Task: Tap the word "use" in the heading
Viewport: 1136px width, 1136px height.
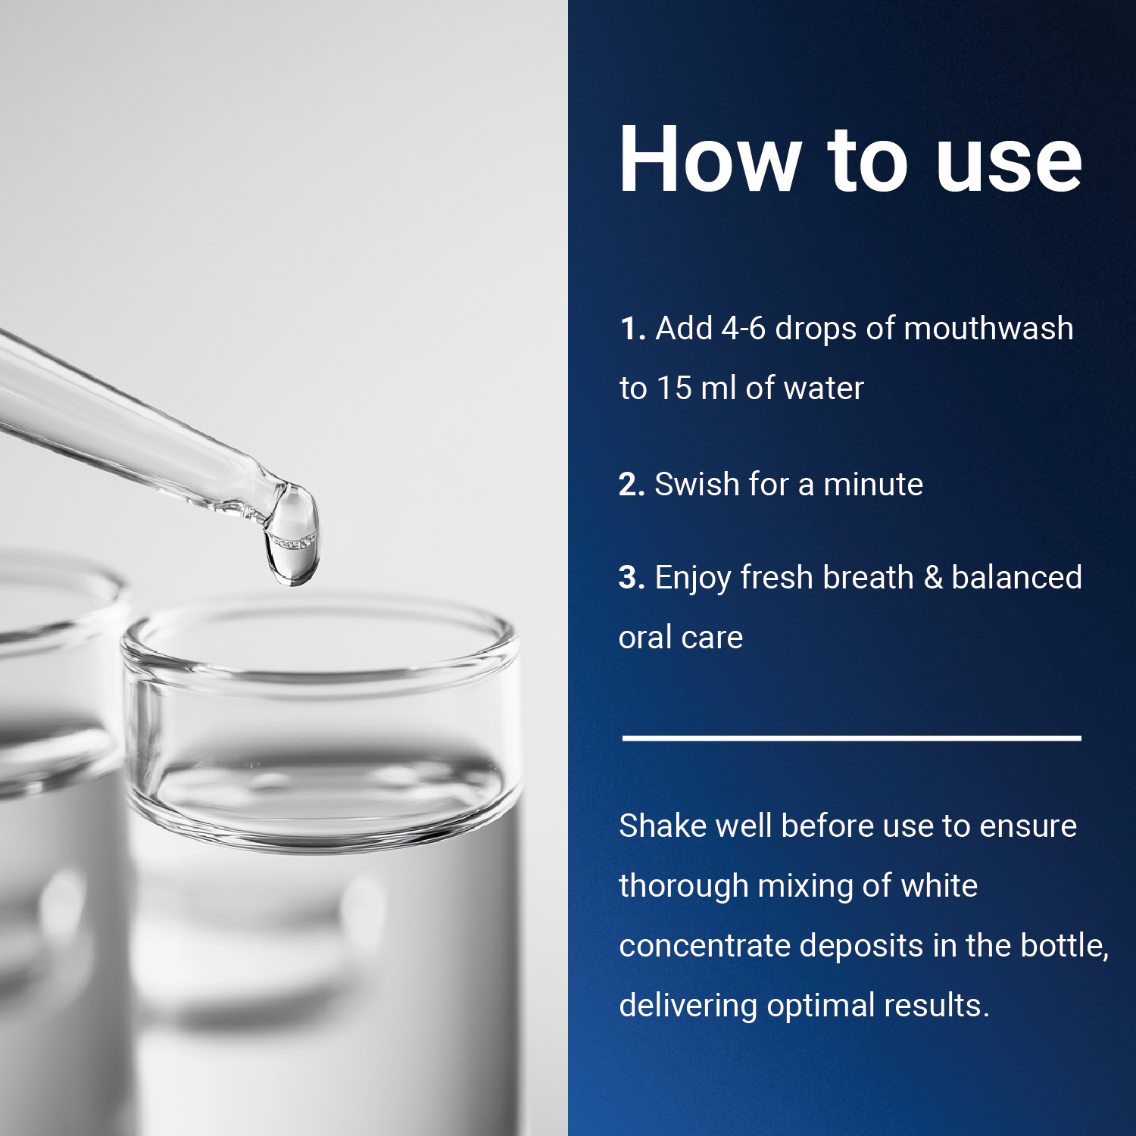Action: click(1009, 167)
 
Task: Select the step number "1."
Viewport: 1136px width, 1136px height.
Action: click(632, 329)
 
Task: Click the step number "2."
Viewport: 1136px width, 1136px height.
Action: click(632, 485)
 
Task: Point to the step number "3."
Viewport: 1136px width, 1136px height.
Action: click(632, 578)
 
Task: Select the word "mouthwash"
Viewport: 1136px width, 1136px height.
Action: click(988, 329)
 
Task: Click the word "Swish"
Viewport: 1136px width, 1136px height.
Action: click(697, 484)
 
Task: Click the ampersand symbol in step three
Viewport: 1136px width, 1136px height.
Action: click(933, 578)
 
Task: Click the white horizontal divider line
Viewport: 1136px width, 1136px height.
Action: click(851, 737)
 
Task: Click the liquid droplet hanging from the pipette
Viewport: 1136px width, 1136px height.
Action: click(292, 535)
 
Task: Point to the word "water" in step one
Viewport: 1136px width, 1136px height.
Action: click(824, 389)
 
